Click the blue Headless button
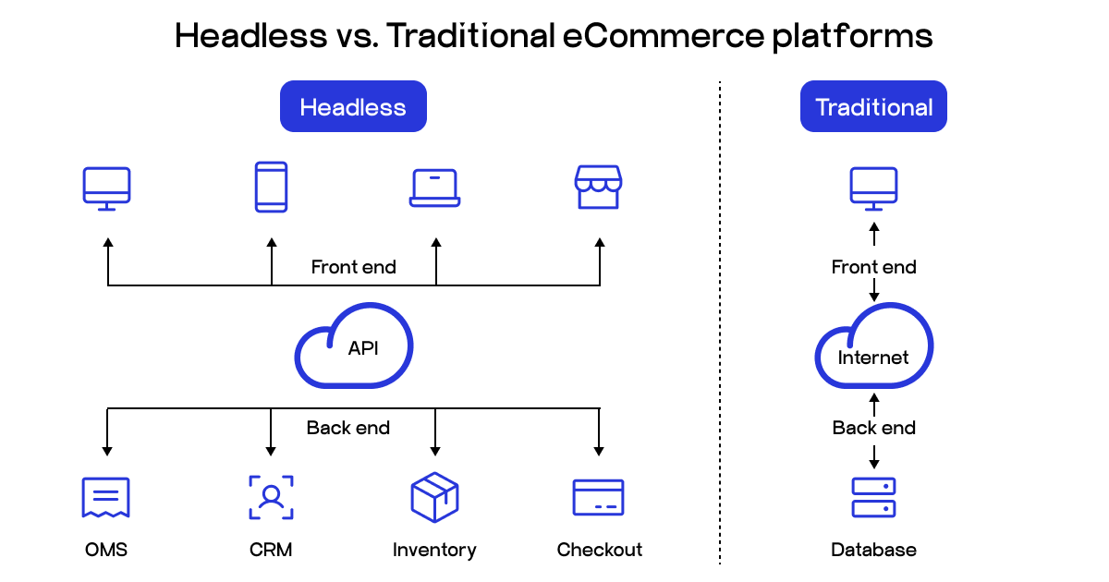pyautogui.click(x=353, y=107)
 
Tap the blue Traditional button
pyautogui.click(x=873, y=107)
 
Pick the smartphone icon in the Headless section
pyautogui.click(x=271, y=188)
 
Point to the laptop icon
pyautogui.click(x=434, y=188)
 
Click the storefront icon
pyautogui.click(x=598, y=188)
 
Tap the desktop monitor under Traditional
pyautogui.click(x=873, y=188)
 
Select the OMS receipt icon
pyautogui.click(x=105, y=498)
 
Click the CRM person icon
pyautogui.click(x=271, y=498)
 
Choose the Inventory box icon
pyautogui.click(x=434, y=498)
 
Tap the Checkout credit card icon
pyautogui.click(x=598, y=498)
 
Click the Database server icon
pyautogui.click(x=873, y=498)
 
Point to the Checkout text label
pyautogui.click(x=599, y=551)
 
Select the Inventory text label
pyautogui.click(x=434, y=551)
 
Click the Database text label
pyautogui.click(x=873, y=551)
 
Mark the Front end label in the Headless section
pyautogui.click(x=353, y=267)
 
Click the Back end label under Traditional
pyautogui.click(x=873, y=428)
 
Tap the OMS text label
pyautogui.click(x=105, y=551)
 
